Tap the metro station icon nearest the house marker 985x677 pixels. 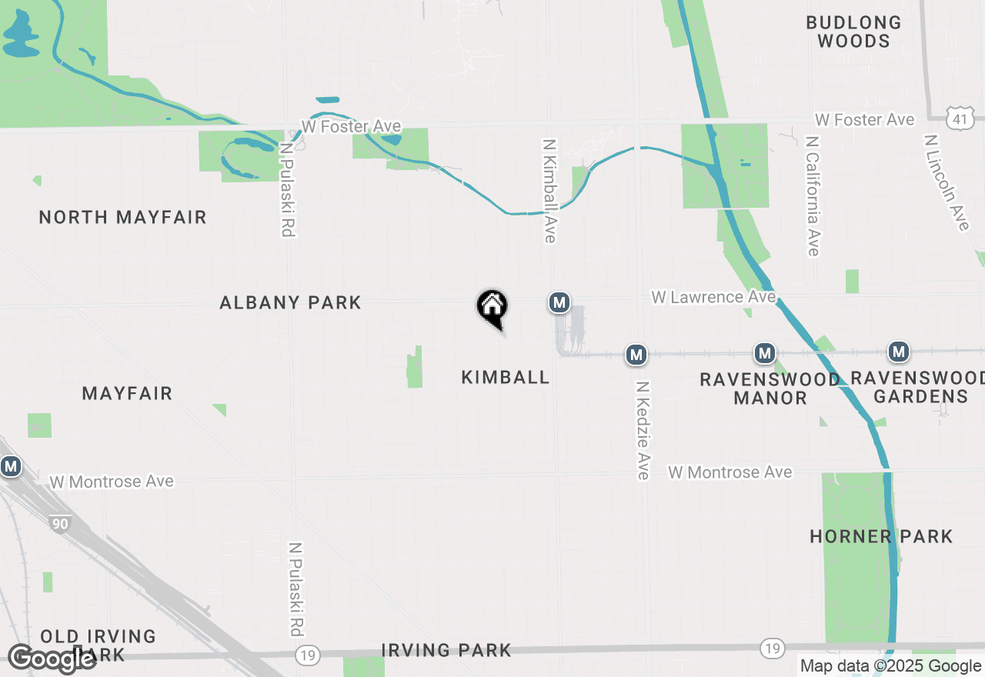click(x=559, y=302)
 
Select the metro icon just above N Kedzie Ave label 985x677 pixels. click(x=636, y=355)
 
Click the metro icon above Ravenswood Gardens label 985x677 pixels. click(x=898, y=352)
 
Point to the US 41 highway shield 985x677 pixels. click(x=962, y=118)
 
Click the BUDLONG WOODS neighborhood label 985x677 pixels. click(x=853, y=32)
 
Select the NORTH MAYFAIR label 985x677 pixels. click(x=123, y=218)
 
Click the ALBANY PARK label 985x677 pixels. click(x=290, y=303)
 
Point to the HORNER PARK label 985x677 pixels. click(x=881, y=536)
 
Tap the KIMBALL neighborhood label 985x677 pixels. click(x=506, y=377)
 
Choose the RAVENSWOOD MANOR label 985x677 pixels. click(x=770, y=389)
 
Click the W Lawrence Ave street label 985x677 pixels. click(x=713, y=297)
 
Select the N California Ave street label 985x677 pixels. click(x=812, y=196)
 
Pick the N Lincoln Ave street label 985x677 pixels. click(x=947, y=182)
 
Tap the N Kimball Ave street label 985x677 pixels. click(x=549, y=191)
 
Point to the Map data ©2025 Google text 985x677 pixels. click(x=890, y=666)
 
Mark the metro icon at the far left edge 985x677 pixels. click(x=10, y=466)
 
